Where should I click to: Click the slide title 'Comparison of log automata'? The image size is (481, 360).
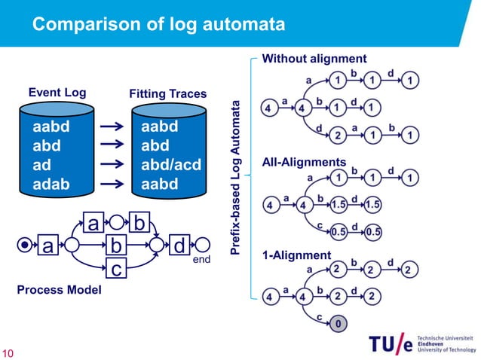pos(158,26)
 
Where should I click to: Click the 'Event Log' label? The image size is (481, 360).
pos(57,93)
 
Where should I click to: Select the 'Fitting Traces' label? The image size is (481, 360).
pos(168,94)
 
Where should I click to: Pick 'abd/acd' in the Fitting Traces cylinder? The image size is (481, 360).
pos(170,165)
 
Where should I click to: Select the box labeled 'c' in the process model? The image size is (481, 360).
pos(115,267)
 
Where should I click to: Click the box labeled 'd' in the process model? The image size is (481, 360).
pos(179,246)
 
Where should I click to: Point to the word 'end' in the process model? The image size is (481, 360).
pos(202,258)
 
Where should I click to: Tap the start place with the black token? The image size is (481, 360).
pos(26,246)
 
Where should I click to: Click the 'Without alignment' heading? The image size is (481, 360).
pos(314,59)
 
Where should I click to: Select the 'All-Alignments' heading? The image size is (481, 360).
pos(303,162)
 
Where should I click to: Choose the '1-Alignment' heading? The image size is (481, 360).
pos(296,256)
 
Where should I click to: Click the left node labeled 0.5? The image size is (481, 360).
pos(339,231)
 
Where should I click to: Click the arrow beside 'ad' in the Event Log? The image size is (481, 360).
pos(112,165)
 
